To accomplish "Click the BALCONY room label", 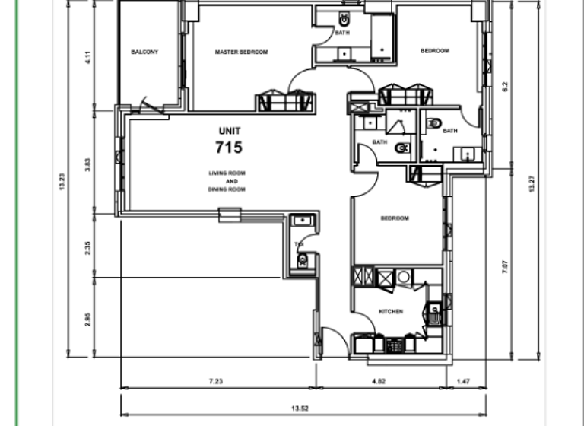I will (x=144, y=52).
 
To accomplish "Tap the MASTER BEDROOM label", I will (x=241, y=52).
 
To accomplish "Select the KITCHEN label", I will (x=391, y=311).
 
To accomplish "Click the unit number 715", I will (x=229, y=147).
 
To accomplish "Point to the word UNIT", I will (x=229, y=130).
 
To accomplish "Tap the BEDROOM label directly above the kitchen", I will (x=395, y=218).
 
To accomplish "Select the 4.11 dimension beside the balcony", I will (x=89, y=57).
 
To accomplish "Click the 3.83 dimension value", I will (x=89, y=164).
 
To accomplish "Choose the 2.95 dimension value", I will (x=89, y=319).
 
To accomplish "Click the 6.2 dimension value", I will (x=506, y=87).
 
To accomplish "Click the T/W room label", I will (x=299, y=243).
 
